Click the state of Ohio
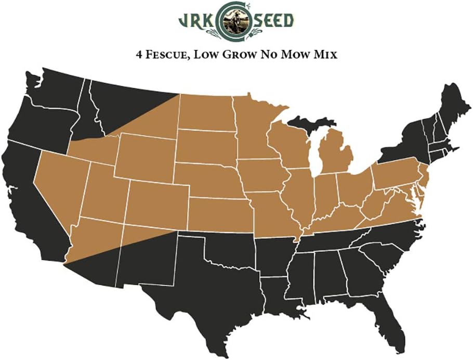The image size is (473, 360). [x=355, y=187]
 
